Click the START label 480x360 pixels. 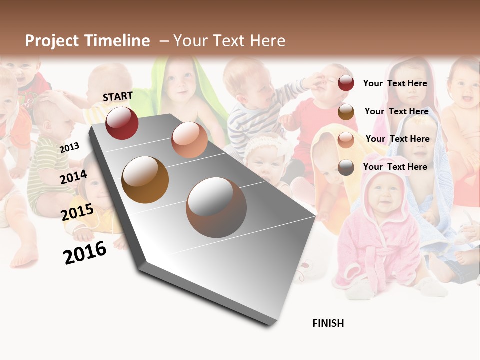pyautogui.click(x=118, y=96)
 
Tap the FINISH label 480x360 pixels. pyautogui.click(x=328, y=323)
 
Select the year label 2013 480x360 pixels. pyautogui.click(x=69, y=148)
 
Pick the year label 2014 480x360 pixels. pyautogui.click(x=74, y=177)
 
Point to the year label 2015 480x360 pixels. pyautogui.click(x=77, y=212)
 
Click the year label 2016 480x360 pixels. pyautogui.click(x=85, y=252)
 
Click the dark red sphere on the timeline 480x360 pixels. pyautogui.click(x=122, y=123)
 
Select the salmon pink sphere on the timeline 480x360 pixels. pyautogui.click(x=189, y=140)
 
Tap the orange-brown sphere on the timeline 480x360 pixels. pyautogui.click(x=145, y=180)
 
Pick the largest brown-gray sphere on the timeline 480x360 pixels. pyautogui.click(x=216, y=207)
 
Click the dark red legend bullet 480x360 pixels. pyautogui.click(x=346, y=83)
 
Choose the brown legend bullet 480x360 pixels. pyautogui.click(x=346, y=112)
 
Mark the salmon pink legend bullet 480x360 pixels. pyautogui.click(x=346, y=140)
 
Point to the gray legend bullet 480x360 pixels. pyautogui.click(x=346, y=167)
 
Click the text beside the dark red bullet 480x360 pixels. pyautogui.click(x=395, y=83)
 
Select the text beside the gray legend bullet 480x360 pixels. pyautogui.click(x=395, y=167)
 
